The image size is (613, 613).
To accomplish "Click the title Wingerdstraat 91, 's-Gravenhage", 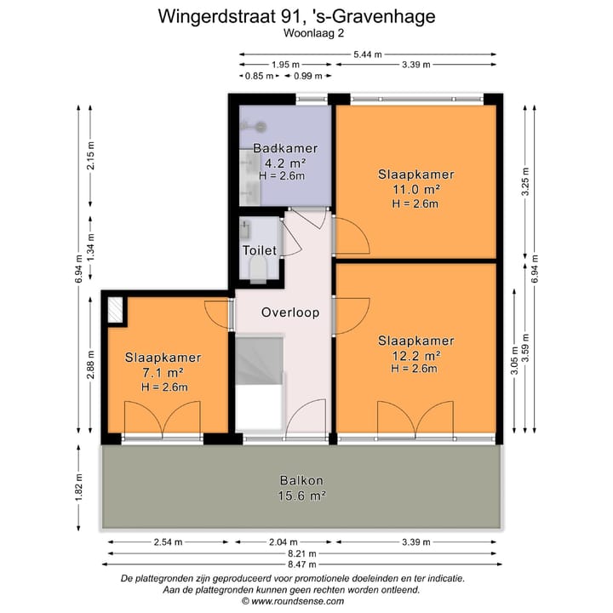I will (x=306, y=16).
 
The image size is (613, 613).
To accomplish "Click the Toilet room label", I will (x=259, y=250).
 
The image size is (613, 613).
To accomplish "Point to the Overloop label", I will (x=290, y=312).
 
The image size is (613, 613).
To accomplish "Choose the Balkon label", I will (x=301, y=480).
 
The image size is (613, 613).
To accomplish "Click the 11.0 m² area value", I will (x=415, y=189).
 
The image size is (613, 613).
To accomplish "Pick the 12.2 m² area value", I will (x=415, y=355).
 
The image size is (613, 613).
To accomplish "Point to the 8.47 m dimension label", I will (x=301, y=563).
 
